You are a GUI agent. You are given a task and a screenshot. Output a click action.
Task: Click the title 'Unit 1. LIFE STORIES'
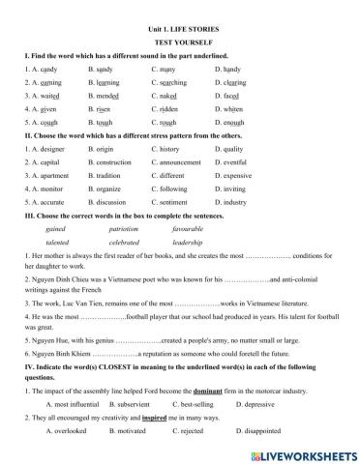pos(179,8)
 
